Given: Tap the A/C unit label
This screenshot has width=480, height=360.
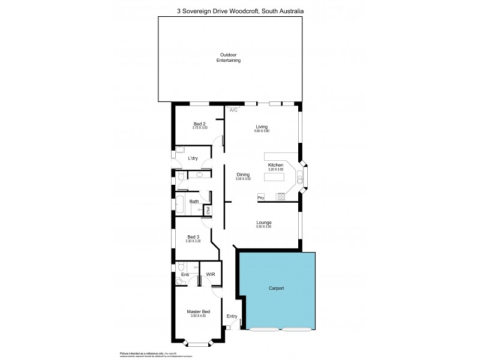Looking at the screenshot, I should pos(233,110).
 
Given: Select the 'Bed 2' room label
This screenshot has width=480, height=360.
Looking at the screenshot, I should pos(200,124).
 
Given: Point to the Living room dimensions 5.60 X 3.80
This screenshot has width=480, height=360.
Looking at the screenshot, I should pos(261,131).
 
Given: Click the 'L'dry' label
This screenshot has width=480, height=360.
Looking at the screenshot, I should pos(193,158).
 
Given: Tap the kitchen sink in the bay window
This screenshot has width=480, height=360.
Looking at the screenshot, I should pos(300,176).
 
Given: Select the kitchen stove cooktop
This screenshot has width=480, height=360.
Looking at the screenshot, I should pos(281,196).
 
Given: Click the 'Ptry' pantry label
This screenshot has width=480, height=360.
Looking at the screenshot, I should pos(261,197).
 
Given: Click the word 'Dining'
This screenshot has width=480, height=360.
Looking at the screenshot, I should pos(242,175).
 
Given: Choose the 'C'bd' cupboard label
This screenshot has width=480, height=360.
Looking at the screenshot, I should pos(208,210).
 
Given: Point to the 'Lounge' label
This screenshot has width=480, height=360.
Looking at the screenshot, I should pos(263,223).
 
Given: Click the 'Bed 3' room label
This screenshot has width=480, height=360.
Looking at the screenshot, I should pos(193,237).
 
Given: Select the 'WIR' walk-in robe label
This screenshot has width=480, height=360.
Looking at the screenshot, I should pos(210,274).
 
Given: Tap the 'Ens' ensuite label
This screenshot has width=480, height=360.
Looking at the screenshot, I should pos(185,275).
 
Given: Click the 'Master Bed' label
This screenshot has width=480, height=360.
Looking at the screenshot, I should pos(197,311).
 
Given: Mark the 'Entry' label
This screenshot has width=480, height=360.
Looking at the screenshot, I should pos(232,316).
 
